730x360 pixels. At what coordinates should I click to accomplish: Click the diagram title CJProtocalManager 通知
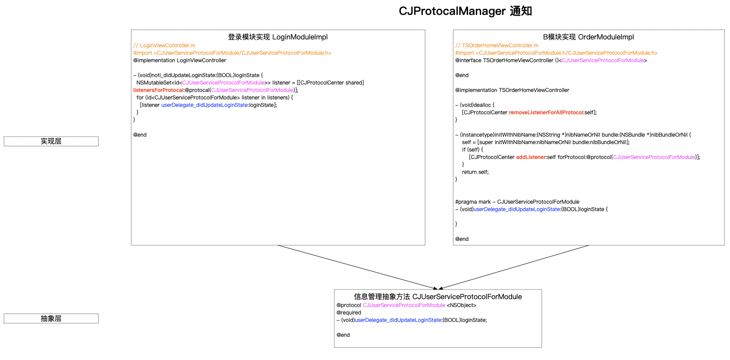465,11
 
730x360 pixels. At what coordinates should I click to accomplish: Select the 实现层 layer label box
51,141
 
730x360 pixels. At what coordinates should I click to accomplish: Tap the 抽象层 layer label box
51,318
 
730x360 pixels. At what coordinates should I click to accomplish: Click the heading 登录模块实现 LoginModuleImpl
278,37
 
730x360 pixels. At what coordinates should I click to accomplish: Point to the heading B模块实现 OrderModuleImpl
588,37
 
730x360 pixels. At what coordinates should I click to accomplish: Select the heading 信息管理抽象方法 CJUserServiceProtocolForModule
438,296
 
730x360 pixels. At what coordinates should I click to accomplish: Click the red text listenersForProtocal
158,90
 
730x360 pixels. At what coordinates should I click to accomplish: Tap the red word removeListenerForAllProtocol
546,113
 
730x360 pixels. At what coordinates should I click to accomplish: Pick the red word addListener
531,157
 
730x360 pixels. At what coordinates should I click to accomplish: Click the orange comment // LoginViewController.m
164,46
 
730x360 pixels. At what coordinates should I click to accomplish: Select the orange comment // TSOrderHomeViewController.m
496,46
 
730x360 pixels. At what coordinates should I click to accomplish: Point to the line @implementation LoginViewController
180,60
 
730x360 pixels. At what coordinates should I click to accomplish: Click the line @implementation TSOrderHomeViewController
512,90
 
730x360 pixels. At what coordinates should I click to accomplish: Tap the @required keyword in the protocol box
349,313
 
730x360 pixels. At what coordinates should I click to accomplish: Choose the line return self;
475,172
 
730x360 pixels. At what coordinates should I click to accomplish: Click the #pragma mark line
517,202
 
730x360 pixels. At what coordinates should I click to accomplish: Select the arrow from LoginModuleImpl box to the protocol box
358,268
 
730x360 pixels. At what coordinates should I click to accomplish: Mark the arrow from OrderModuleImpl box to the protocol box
514,268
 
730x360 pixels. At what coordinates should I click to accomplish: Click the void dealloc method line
475,105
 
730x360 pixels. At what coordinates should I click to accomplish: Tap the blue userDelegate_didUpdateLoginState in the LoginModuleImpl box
204,105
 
